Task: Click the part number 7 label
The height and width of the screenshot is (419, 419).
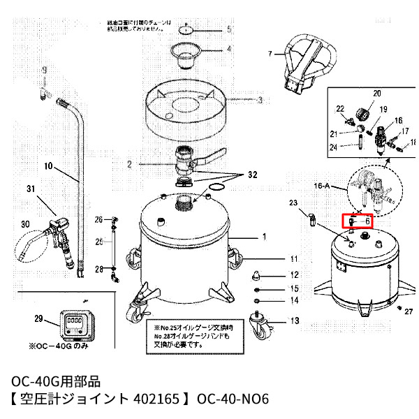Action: point(270,53)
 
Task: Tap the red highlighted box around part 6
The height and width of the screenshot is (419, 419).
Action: point(358,221)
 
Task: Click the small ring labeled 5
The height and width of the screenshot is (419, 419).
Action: point(184,30)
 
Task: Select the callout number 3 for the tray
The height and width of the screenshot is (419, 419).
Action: point(259,101)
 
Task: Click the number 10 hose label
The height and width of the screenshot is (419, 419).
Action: point(48,167)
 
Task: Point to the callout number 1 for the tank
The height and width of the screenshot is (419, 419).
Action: point(264,237)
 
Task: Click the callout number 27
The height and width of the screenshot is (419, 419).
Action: point(409,311)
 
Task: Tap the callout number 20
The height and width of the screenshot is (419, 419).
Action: point(377,94)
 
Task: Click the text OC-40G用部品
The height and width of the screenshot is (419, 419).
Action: point(57,381)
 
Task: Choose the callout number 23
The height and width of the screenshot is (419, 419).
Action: point(293,203)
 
